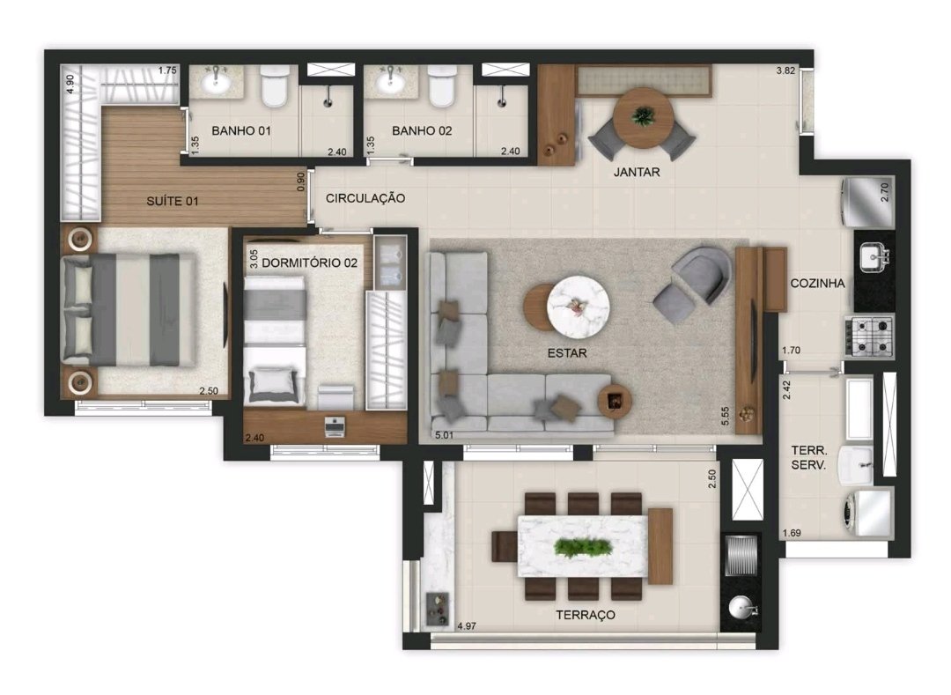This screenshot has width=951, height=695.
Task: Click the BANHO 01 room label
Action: click(240, 130)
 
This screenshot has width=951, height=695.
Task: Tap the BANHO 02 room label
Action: click(422, 130)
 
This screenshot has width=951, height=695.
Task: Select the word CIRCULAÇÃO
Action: click(365, 198)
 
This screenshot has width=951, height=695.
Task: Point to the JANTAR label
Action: click(637, 173)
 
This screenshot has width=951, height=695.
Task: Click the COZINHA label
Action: click(817, 284)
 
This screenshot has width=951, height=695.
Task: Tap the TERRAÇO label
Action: click(586, 615)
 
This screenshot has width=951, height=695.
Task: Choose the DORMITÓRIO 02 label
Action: click(309, 263)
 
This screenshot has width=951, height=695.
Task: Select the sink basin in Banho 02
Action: click(391, 82)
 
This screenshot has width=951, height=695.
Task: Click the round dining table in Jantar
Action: click(643, 118)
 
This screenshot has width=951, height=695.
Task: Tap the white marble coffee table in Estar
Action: click(578, 306)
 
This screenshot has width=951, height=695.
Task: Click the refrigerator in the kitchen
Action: click(867, 202)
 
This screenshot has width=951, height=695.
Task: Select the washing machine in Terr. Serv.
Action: click(866, 513)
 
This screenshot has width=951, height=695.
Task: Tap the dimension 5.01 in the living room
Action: click(444, 435)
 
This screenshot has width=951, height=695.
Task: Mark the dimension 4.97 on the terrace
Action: click(467, 626)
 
